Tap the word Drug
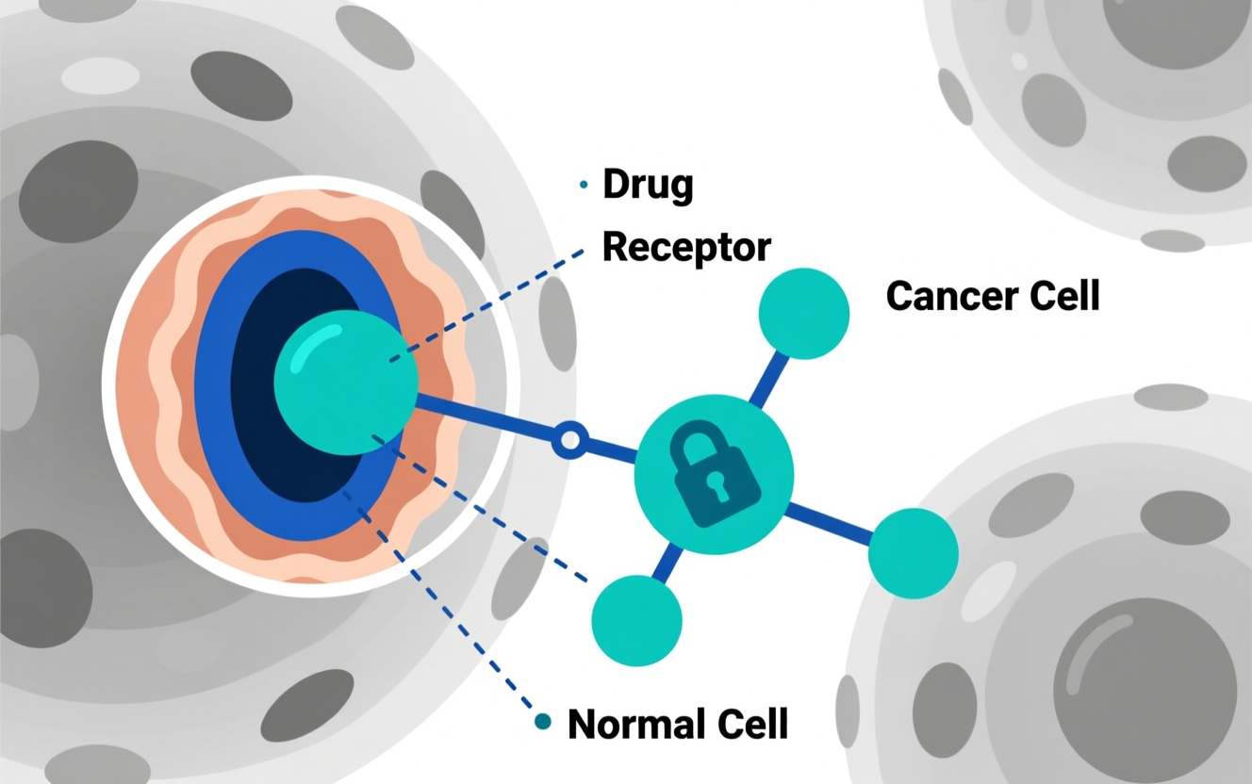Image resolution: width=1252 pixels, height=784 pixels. tap(648, 185)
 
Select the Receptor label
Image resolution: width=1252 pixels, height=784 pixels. tap(686, 247)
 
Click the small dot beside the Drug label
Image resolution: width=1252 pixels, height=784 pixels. tap(584, 186)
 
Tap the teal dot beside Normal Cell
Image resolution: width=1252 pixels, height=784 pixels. tap(542, 722)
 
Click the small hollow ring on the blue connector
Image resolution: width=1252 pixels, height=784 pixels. tap(569, 440)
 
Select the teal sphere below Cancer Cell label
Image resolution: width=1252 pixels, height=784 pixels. tap(803, 314)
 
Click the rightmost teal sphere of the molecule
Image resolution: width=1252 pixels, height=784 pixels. tap(913, 553)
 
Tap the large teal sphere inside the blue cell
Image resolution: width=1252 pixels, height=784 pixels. tap(345, 383)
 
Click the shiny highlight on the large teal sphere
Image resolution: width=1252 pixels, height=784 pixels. tap(314, 347)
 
